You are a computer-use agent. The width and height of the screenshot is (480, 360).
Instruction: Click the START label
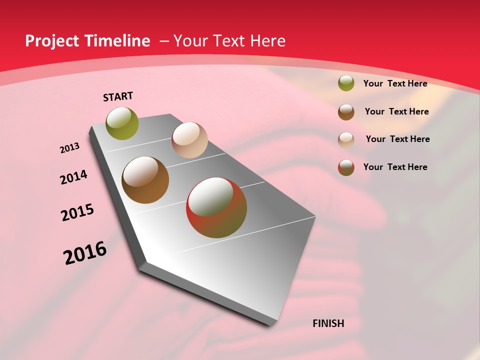[x=118, y=96]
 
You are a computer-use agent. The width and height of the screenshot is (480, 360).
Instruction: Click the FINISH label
[x=328, y=323]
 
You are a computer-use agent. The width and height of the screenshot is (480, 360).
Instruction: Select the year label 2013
[x=69, y=148]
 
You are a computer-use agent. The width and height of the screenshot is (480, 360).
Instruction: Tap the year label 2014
[x=73, y=177]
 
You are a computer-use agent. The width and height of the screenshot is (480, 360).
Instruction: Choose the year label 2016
[x=85, y=253]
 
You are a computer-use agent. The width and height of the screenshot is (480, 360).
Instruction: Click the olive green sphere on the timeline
[x=122, y=123]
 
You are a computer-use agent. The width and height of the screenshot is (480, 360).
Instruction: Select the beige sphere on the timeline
[x=189, y=140]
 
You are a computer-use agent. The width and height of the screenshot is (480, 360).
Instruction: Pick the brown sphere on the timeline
[x=145, y=180]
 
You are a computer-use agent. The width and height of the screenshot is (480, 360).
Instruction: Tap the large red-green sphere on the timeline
[x=216, y=207]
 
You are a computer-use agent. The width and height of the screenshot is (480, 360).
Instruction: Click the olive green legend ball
[x=346, y=83]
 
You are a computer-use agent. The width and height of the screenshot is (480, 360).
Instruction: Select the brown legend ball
[x=346, y=111]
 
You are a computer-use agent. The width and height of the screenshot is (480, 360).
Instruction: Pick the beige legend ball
[x=346, y=139]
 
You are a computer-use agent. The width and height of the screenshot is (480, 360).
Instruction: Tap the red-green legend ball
[x=346, y=167]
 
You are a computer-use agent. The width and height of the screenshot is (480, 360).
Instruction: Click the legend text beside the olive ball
[x=395, y=83]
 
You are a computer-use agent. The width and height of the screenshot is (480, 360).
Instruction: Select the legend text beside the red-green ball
[x=395, y=167]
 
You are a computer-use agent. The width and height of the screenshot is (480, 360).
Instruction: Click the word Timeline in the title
[x=117, y=41]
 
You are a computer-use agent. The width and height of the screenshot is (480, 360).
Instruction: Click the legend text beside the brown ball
[x=396, y=111]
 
